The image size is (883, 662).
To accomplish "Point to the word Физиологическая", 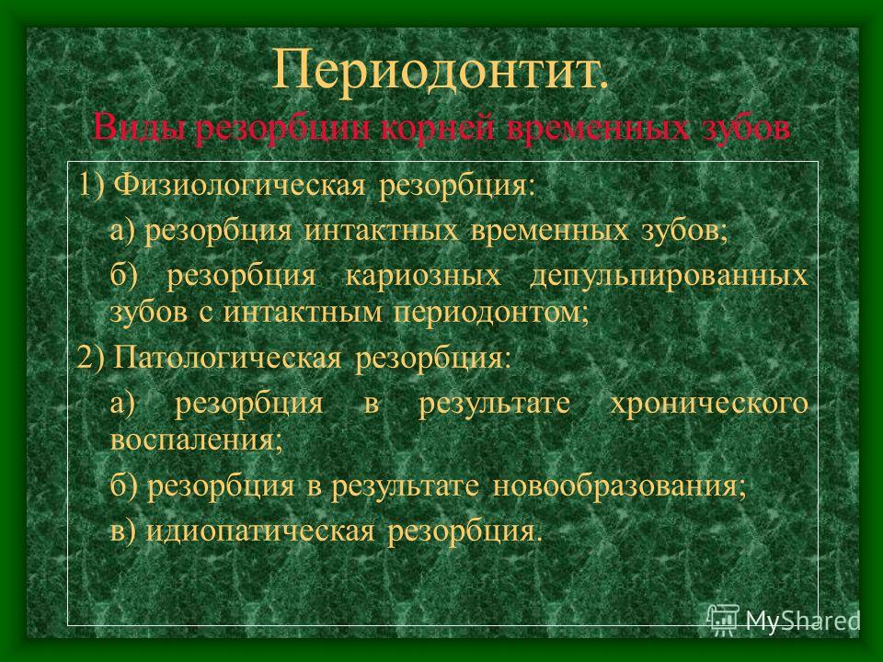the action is (239, 185).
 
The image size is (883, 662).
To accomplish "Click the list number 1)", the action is (92, 185).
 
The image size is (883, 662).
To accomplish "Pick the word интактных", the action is (382, 230).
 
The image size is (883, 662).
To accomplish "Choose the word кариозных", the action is (423, 276).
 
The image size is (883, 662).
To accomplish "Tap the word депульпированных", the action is (669, 277).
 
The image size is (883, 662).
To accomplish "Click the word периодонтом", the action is (491, 313).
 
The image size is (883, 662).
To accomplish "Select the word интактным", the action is (303, 313).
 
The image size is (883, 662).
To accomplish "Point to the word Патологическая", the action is (227, 358).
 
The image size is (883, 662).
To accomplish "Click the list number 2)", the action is (91, 358).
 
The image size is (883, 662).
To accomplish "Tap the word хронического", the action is (709, 404).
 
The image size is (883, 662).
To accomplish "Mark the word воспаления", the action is (196, 440).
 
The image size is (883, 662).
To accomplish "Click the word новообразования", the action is (619, 485).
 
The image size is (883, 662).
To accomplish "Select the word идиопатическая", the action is (259, 531).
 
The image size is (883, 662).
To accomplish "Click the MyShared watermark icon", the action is (723, 620).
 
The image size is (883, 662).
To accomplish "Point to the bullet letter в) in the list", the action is (122, 531).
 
